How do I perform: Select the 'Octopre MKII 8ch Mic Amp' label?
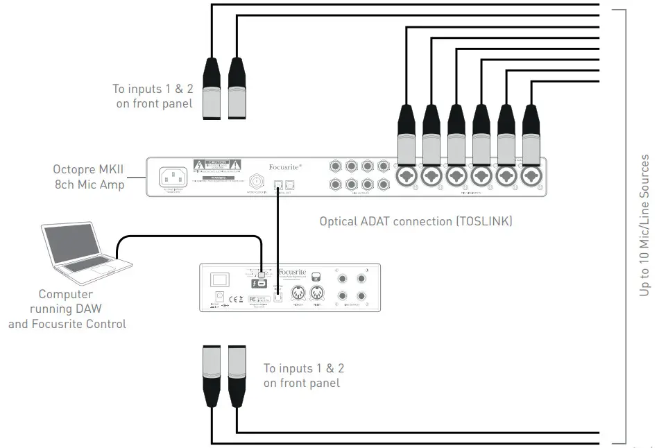pyautogui.click(x=89, y=176)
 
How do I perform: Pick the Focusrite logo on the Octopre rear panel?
pyautogui.click(x=285, y=167)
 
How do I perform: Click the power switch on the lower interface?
pyautogui.click(x=220, y=279)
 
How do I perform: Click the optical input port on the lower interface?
pyautogui.click(x=278, y=297)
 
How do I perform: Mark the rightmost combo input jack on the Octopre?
pyautogui.click(x=531, y=176)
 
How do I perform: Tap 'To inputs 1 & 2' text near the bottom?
pyautogui.click(x=304, y=375)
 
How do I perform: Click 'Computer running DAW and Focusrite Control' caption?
pyautogui.click(x=67, y=309)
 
